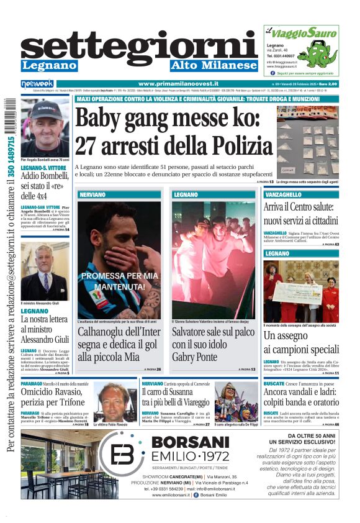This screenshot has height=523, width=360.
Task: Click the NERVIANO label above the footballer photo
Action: (92, 195)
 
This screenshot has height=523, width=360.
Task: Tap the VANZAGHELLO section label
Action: (283, 195)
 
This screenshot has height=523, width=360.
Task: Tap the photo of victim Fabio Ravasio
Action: (114, 402)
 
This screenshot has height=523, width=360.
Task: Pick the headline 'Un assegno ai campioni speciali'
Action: (301, 342)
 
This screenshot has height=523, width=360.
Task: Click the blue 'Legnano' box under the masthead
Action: (49, 65)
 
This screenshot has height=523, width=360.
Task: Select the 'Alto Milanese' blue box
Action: (214, 65)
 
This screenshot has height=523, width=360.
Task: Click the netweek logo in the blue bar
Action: (37, 84)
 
